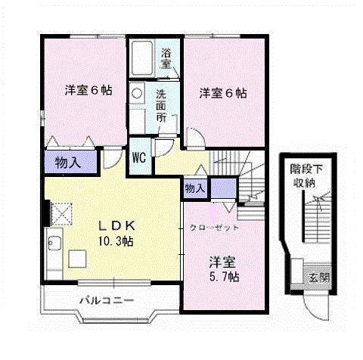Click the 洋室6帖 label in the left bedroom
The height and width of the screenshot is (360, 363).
coord(87,90)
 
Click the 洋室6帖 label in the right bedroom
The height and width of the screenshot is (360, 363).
coord(222,94)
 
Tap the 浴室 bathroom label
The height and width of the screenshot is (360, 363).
coord(166,58)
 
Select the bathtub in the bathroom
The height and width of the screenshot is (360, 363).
coord(142,57)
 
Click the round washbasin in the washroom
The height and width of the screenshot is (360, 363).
coord(136,93)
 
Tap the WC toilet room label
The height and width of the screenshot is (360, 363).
coord(139,158)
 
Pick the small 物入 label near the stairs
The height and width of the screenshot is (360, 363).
coord(194,188)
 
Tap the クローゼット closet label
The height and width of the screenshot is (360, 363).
coord(214,228)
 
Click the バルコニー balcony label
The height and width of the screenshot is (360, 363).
coord(107,301)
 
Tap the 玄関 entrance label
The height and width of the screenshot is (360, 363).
coord(318,275)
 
